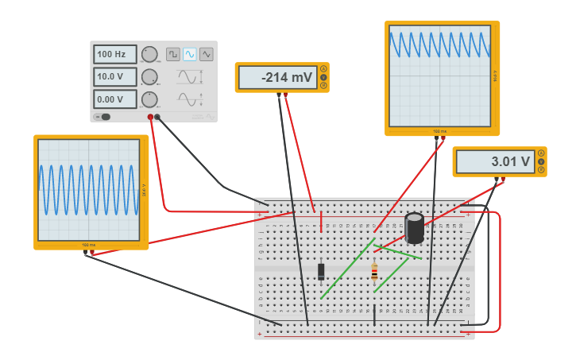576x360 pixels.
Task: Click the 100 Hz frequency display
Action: tap(114, 54)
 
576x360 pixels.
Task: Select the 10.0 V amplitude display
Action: tap(114, 77)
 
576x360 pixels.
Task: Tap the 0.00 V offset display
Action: tap(114, 99)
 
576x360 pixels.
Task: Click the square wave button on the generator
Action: tap(172, 54)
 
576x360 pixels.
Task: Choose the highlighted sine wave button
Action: tap(189, 54)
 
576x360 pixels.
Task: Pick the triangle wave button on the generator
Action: tap(207, 54)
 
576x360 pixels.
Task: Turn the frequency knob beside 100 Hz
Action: tap(149, 54)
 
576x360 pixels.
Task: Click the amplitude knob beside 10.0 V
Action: tap(149, 77)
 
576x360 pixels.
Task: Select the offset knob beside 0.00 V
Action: tap(149, 99)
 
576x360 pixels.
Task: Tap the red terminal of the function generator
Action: tap(150, 117)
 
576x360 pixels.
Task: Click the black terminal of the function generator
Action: tap(157, 117)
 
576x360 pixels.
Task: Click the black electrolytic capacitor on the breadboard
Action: tap(414, 227)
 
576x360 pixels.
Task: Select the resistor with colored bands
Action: tap(374, 273)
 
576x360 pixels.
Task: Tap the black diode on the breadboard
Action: tap(321, 271)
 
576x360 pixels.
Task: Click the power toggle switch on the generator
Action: tap(104, 117)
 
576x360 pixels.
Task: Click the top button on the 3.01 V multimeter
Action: tap(541, 153)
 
